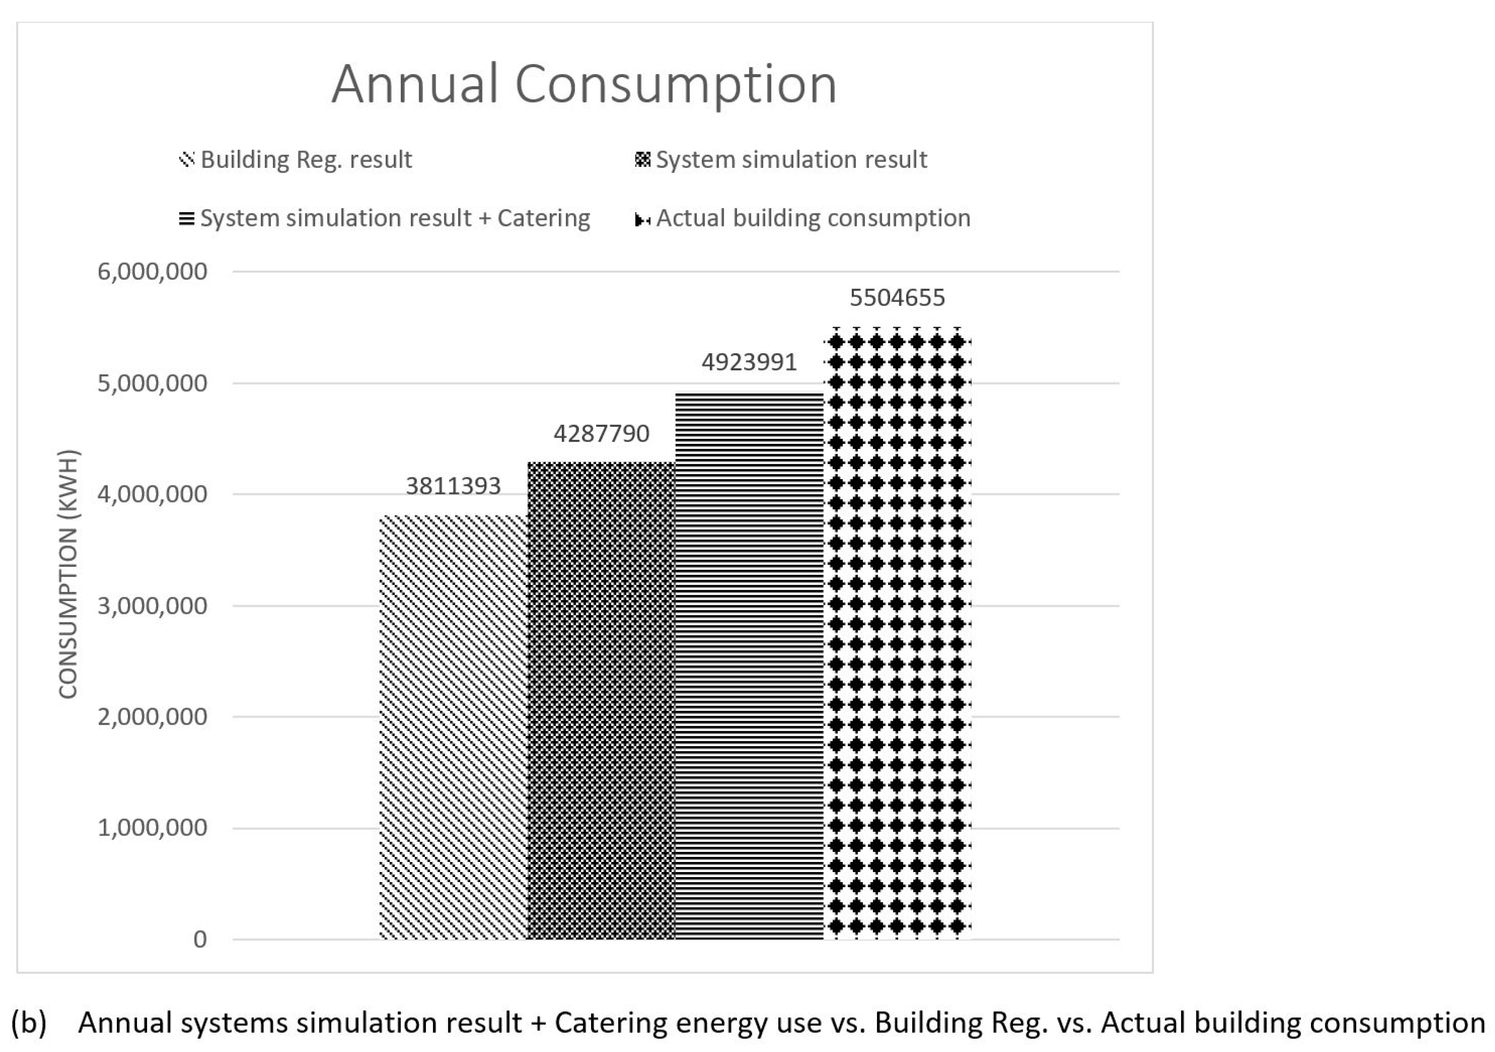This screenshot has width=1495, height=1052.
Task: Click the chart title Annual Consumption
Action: [584, 84]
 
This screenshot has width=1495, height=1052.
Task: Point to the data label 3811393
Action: [453, 486]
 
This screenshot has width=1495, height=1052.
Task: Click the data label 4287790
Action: [601, 433]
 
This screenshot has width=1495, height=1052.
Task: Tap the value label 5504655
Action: [897, 298]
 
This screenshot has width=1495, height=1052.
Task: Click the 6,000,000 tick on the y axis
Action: [152, 272]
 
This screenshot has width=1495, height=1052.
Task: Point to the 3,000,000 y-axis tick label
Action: [152, 606]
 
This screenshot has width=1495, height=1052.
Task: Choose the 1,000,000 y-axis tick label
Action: [152, 828]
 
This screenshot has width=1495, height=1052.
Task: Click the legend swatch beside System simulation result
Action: [642, 159]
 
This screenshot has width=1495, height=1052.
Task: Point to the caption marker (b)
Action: [29, 1023]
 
